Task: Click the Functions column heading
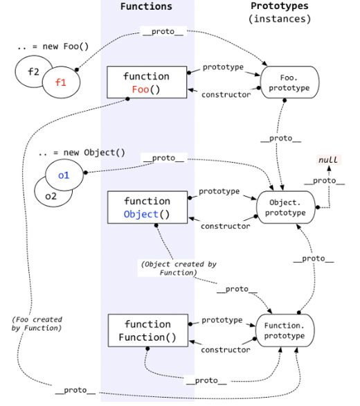(x=146, y=7)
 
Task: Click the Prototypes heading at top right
(x=280, y=6)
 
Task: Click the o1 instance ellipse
(x=64, y=175)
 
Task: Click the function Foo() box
(x=146, y=82)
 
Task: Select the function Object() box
(x=146, y=207)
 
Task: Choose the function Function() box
(x=146, y=331)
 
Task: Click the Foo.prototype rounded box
(x=286, y=83)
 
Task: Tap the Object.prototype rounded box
(x=286, y=207)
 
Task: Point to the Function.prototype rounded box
(x=286, y=330)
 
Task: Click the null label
(x=328, y=160)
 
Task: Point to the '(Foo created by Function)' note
(x=37, y=324)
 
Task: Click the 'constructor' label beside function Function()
(x=226, y=350)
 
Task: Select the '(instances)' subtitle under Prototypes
(x=280, y=19)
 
